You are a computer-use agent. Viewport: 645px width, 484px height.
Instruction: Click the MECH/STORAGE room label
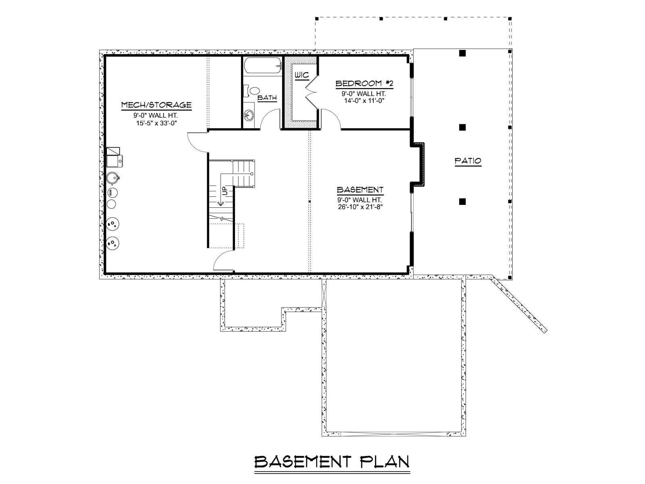point(156,105)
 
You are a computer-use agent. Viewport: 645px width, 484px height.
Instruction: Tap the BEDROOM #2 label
point(364,83)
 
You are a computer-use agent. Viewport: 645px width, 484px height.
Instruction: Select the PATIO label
point(468,161)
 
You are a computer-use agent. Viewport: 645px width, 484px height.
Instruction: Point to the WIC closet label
point(302,75)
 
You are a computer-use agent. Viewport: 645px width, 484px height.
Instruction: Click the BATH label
point(267,98)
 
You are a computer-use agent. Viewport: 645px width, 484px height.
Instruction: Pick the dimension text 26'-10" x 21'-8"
point(360,207)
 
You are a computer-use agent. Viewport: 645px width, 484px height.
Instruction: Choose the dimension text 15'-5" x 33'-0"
point(156,123)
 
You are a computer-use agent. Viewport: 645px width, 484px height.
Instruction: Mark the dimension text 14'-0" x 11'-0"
point(364,101)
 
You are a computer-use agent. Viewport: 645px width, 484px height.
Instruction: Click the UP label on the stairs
point(225,191)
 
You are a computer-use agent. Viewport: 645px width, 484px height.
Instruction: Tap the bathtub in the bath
point(262,66)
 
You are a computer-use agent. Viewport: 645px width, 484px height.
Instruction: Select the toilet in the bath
point(252,91)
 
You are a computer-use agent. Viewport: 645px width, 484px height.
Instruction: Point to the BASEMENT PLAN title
point(332,462)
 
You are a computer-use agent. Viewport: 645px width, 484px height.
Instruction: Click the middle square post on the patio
point(462,127)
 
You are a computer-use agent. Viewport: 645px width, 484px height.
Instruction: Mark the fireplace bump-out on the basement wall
point(418,165)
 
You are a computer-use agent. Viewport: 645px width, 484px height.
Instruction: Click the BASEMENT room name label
point(360,190)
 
